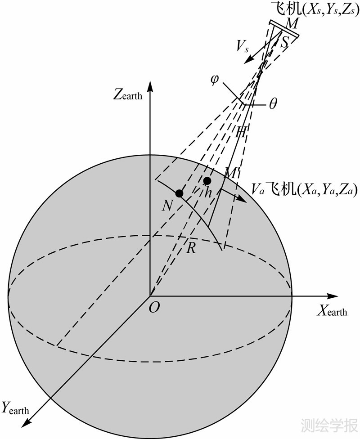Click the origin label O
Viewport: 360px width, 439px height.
click(153, 307)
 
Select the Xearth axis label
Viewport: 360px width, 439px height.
click(333, 310)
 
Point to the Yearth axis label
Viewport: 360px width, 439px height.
click(16, 408)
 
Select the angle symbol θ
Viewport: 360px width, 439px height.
click(273, 104)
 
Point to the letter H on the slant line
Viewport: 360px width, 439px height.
click(241, 132)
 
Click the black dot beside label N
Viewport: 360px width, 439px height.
click(180, 193)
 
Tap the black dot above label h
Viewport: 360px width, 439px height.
click(207, 181)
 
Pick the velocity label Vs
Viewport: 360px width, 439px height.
click(243, 46)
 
